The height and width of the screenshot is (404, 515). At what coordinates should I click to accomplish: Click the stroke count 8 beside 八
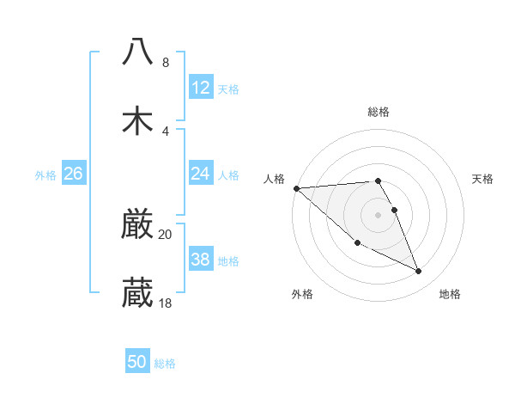(x=165, y=63)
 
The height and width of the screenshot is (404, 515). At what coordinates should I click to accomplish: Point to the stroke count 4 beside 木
(x=165, y=131)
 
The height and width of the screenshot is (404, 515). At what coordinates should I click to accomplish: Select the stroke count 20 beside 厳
(x=166, y=234)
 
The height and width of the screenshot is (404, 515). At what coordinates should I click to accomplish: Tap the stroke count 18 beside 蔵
(x=166, y=303)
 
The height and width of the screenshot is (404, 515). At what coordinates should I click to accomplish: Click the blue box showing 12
(x=200, y=88)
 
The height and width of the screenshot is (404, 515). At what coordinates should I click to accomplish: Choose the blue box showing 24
(x=200, y=174)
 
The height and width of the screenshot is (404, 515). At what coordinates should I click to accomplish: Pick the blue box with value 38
(x=200, y=260)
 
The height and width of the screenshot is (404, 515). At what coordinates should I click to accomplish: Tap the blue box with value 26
(x=73, y=174)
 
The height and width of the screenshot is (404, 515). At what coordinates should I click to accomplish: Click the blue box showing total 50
(x=137, y=362)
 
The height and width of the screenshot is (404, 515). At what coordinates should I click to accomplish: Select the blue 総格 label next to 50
(x=166, y=364)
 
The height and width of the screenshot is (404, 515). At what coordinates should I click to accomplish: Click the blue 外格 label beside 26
(x=45, y=175)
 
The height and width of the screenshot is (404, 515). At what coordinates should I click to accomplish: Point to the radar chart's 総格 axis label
(x=379, y=112)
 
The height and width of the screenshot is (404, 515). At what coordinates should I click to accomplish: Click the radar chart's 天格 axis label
(x=483, y=179)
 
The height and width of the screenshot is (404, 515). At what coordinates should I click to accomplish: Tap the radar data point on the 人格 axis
(x=296, y=188)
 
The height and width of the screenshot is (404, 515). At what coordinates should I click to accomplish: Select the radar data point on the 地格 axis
(x=419, y=272)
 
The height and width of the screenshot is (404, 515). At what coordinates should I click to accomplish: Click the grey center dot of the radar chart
(x=379, y=214)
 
